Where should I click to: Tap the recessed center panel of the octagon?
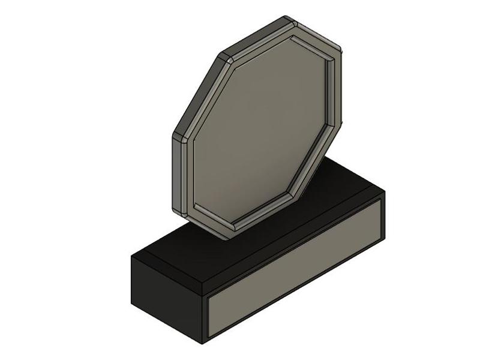coord(258,132)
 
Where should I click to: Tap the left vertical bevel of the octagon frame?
coord(187,174)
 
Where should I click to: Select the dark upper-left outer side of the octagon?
coord(198,90)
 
